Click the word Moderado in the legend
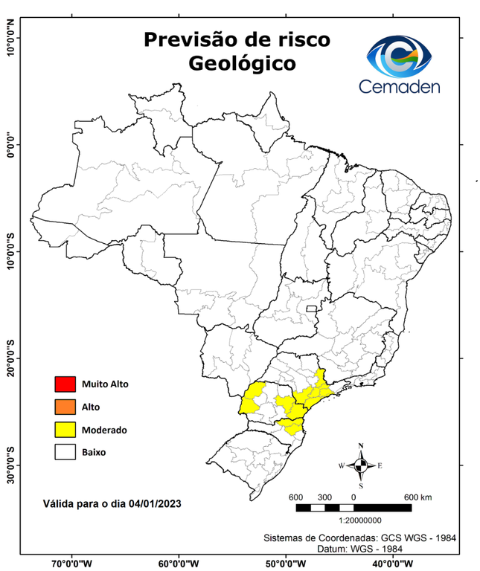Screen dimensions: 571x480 pyautogui.click(x=104, y=430)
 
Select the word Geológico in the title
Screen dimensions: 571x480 pyautogui.click(x=242, y=64)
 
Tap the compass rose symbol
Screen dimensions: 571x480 pyautogui.click(x=360, y=465)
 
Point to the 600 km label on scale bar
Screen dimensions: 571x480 pyautogui.click(x=417, y=497)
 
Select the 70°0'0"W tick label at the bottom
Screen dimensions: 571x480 pyautogui.click(x=72, y=563)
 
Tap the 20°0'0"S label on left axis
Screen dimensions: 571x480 pyautogui.click(x=10, y=358)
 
